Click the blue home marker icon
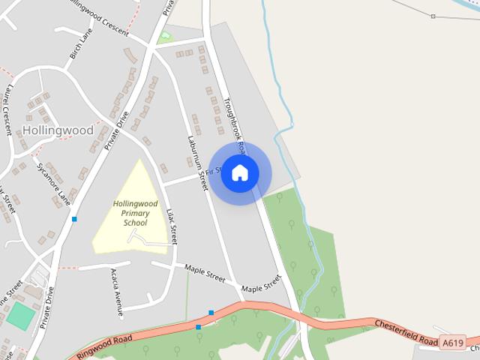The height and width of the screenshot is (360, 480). tap(240, 172)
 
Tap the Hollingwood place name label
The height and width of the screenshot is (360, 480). tap(58, 130)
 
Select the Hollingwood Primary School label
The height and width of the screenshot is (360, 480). tap(130, 213)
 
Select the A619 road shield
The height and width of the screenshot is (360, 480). tap(452, 343)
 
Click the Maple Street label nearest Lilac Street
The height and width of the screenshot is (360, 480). tap(204, 274)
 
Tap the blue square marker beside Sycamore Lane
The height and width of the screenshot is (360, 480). tap(74, 219)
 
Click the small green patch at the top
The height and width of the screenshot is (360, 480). tap(165, 37)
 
